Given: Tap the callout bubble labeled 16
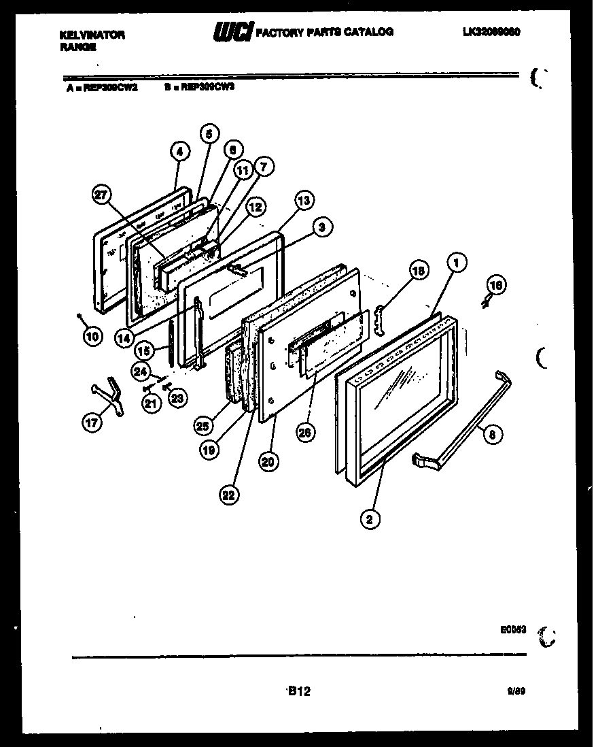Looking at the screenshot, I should click(496, 285).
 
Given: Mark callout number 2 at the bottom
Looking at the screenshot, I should click(370, 520).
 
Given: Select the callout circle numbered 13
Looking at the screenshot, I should click(304, 201).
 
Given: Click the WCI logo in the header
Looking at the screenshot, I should click(234, 32).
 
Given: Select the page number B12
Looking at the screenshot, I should click(299, 691).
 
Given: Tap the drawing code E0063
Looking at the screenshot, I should click(514, 630).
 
